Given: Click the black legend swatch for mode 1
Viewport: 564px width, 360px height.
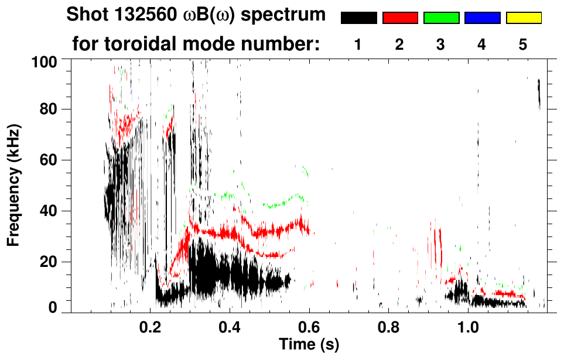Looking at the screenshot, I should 358,18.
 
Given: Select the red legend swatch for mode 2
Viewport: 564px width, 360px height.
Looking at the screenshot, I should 400,18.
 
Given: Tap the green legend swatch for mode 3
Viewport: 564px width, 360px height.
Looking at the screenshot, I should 441,18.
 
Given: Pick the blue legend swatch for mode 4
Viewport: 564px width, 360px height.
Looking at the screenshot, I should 482,18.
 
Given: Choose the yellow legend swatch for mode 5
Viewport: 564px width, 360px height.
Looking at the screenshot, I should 524,18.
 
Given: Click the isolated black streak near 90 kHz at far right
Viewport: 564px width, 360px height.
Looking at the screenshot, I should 539,94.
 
